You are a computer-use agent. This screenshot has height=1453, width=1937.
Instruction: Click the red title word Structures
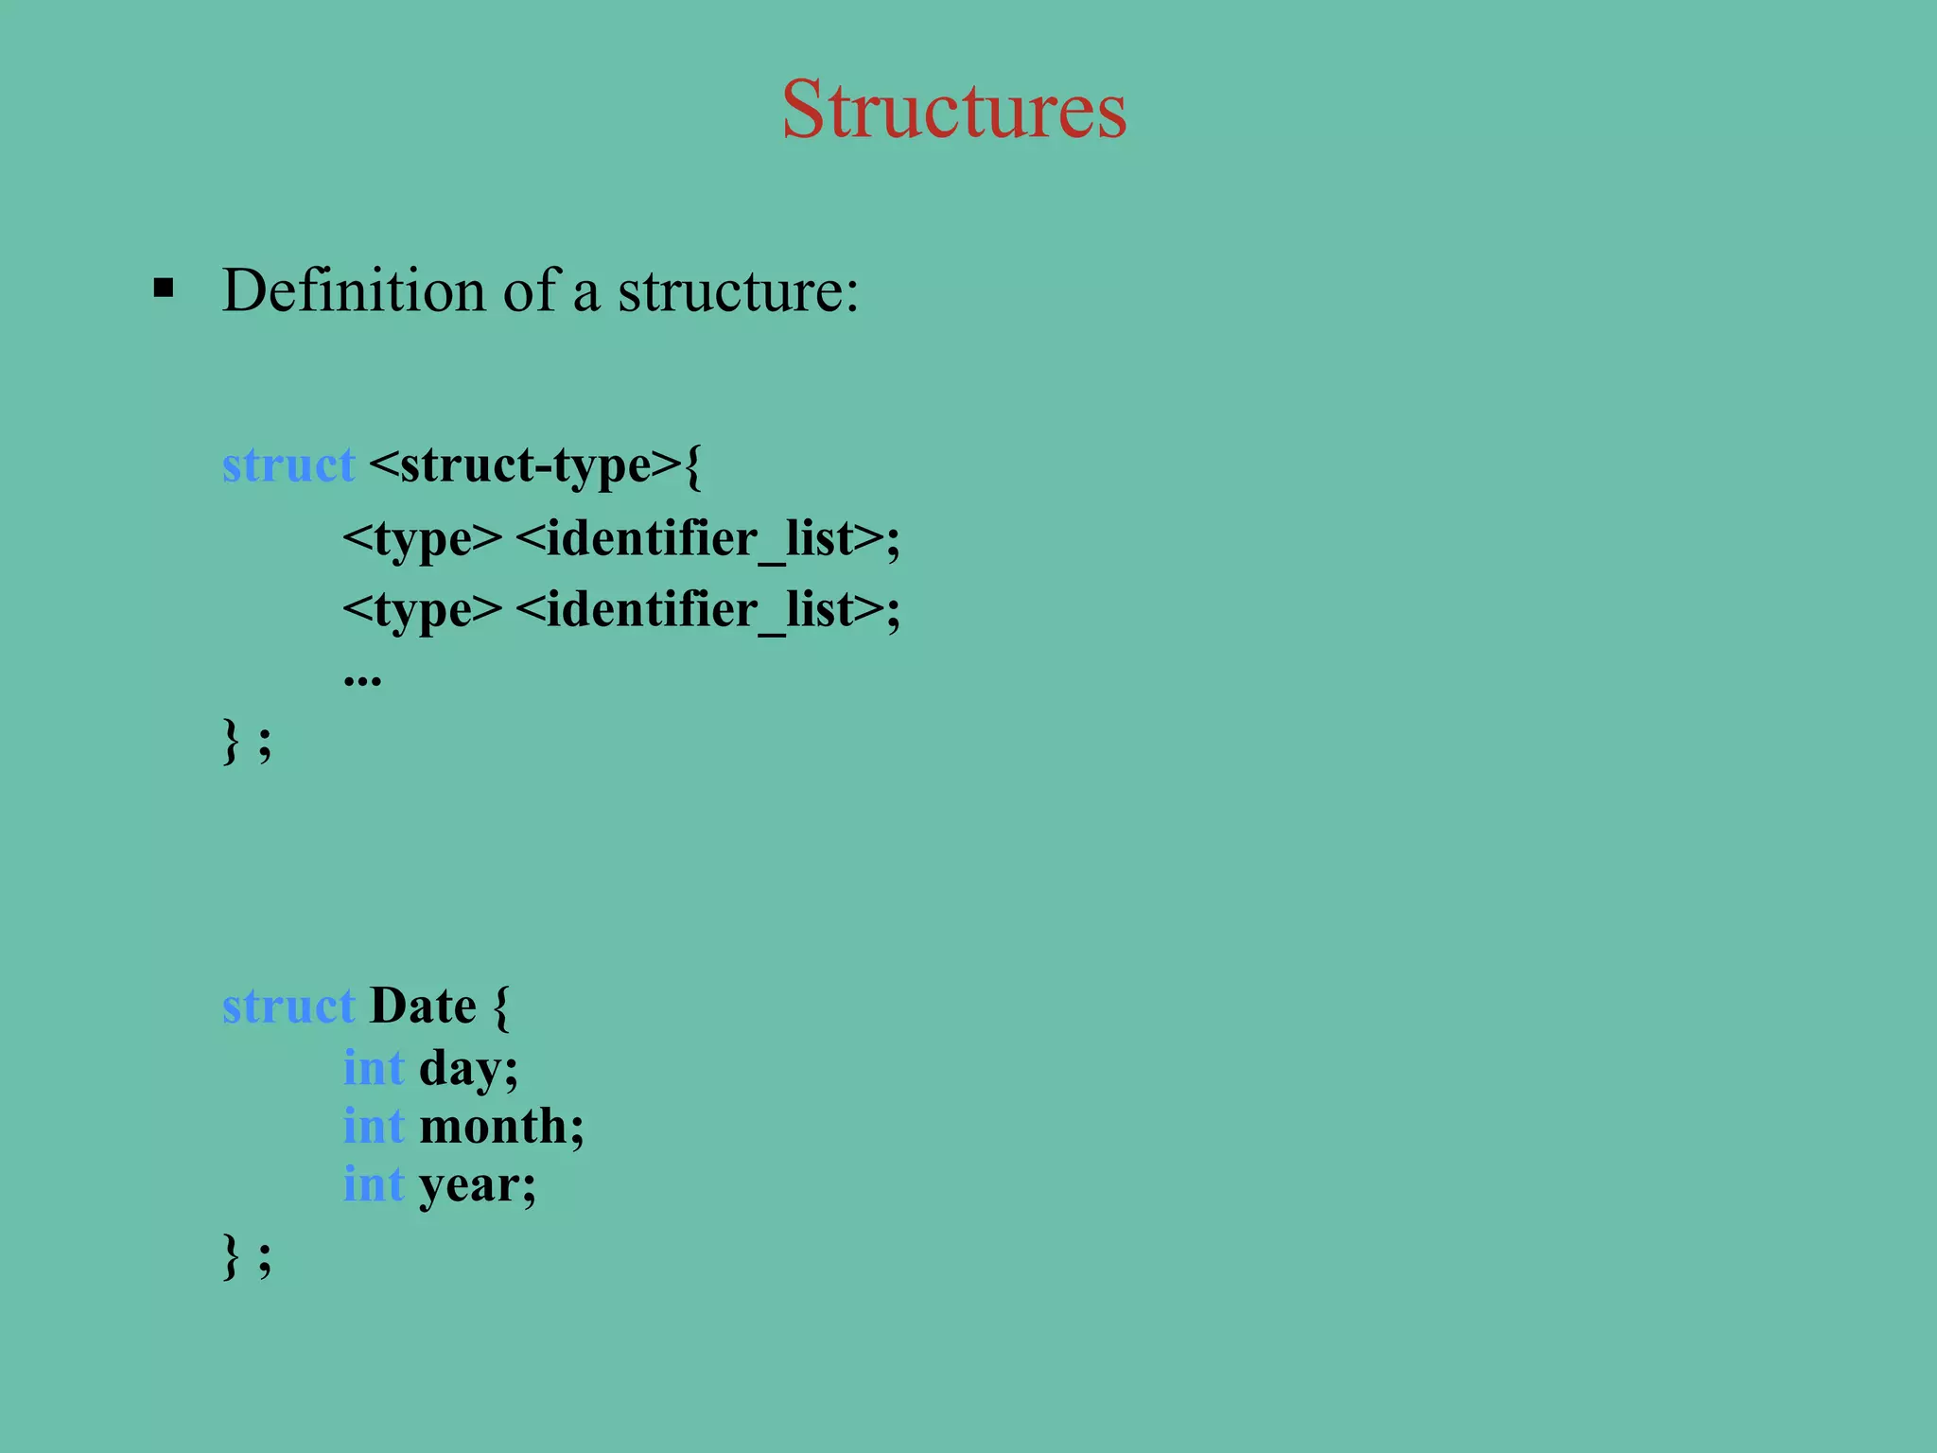(x=953, y=110)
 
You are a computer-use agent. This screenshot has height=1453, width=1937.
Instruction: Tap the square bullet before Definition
(x=164, y=288)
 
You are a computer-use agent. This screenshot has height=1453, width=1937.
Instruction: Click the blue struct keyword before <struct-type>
(x=288, y=464)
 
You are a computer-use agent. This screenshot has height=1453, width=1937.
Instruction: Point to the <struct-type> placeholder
(x=525, y=464)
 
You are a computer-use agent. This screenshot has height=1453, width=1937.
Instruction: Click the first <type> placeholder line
(x=422, y=538)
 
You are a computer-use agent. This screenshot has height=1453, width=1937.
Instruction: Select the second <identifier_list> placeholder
(x=701, y=608)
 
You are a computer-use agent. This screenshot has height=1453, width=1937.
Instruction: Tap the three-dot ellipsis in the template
(x=362, y=678)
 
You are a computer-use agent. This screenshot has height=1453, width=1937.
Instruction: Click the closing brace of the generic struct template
(x=231, y=740)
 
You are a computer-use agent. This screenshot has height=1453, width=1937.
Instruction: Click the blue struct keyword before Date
(x=288, y=1005)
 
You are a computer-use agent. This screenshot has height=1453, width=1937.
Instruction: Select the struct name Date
(x=423, y=1005)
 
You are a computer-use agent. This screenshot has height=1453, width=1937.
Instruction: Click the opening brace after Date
(x=501, y=1007)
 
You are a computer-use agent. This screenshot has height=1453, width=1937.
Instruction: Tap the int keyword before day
(x=374, y=1068)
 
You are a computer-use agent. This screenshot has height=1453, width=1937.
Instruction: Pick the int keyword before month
(x=374, y=1126)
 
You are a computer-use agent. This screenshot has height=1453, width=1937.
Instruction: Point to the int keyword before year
(x=374, y=1184)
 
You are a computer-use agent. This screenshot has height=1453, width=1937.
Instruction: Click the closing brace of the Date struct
(x=231, y=1256)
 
